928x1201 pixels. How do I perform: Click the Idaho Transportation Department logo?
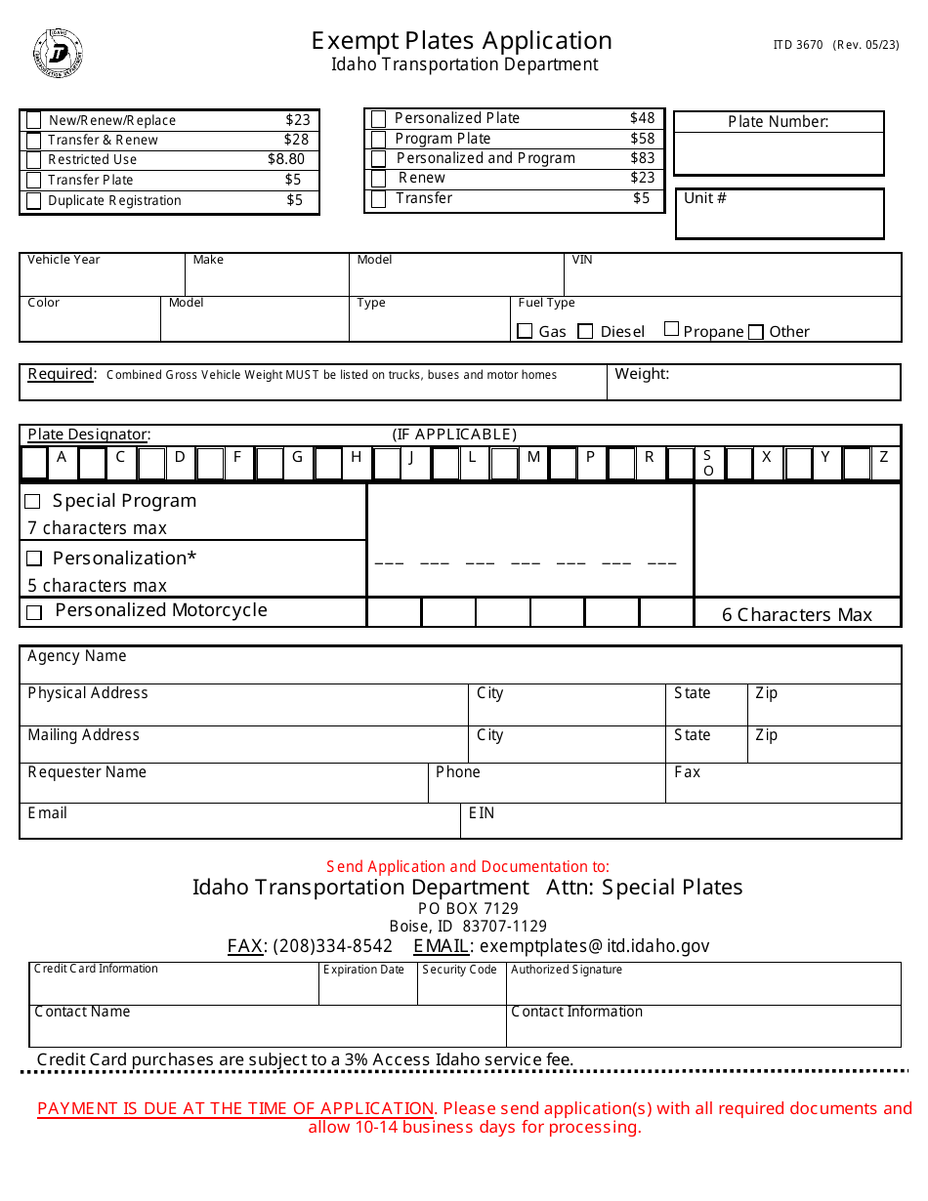[x=59, y=53]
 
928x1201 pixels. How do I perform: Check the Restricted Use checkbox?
[x=34, y=160]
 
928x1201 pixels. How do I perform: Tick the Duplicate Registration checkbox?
[x=34, y=201]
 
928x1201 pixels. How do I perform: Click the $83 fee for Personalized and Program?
[x=642, y=158]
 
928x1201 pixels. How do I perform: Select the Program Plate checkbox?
[x=379, y=139]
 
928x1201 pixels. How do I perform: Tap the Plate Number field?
[x=779, y=152]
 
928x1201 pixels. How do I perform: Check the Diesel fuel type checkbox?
[x=585, y=332]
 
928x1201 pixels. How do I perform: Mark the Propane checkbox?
[x=671, y=329]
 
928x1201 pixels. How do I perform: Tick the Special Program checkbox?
[x=33, y=502]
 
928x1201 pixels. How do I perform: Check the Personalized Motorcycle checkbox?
[x=34, y=613]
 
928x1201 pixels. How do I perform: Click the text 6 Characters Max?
[x=796, y=615]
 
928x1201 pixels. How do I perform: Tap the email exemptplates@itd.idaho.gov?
[x=594, y=946]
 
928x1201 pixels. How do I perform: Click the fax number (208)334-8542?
[x=332, y=946]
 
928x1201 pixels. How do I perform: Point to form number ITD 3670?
[x=797, y=45]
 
